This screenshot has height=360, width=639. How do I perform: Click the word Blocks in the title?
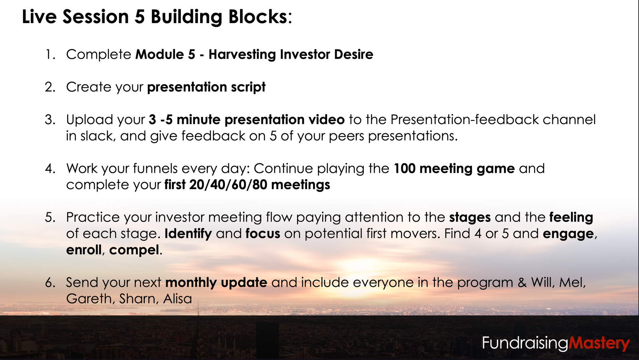(258, 16)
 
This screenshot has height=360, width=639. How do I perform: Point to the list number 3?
(50, 119)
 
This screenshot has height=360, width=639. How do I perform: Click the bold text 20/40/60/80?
(228, 185)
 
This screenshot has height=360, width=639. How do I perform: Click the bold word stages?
(470, 218)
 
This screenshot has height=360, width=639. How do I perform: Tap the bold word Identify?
(188, 234)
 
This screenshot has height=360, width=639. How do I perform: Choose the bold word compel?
(134, 250)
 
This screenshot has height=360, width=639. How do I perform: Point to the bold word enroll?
(84, 250)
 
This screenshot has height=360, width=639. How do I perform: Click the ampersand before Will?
(522, 283)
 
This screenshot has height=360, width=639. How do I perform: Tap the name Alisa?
(177, 299)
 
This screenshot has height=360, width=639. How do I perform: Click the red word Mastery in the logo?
(599, 344)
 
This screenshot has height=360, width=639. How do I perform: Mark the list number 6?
(50, 283)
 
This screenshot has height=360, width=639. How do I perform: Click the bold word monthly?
(191, 283)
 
